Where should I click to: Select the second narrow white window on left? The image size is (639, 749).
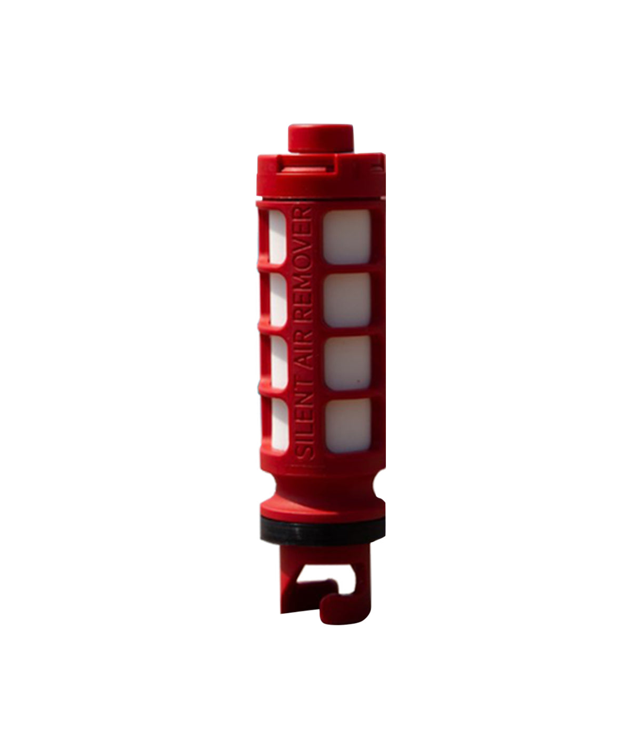[x=278, y=301]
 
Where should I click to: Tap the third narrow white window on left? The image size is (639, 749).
[x=278, y=363]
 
